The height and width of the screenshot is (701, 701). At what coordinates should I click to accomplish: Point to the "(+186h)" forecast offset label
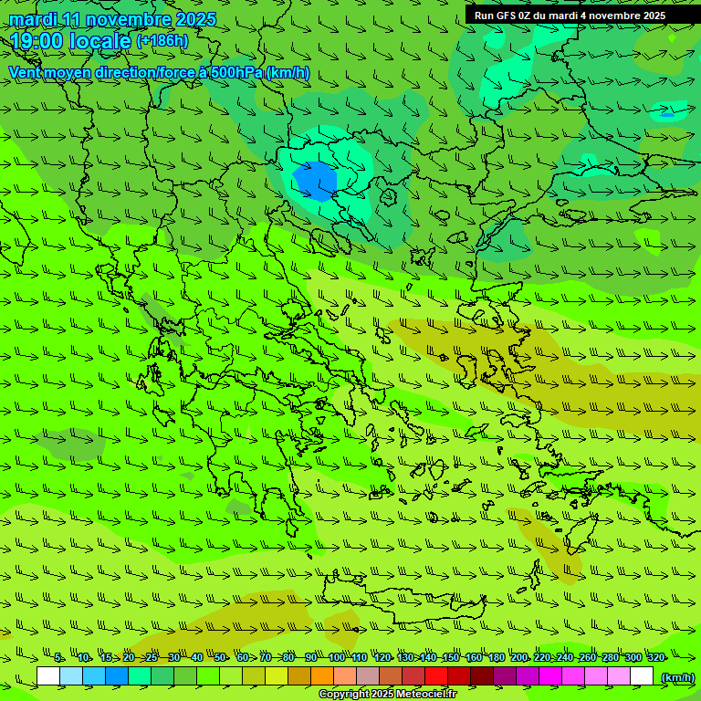(162, 40)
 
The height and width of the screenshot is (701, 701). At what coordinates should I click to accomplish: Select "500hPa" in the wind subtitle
(236, 72)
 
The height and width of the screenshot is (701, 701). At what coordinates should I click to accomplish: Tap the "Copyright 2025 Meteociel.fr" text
(387, 695)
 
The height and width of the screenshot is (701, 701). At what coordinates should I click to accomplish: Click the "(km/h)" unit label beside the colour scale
(676, 677)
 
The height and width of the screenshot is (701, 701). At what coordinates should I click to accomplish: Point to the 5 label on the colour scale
(58, 658)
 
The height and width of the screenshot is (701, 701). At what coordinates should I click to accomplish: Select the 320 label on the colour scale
(655, 658)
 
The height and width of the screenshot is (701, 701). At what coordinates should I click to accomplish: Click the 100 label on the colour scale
(337, 658)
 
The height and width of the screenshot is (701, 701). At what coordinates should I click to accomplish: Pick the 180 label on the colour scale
(496, 658)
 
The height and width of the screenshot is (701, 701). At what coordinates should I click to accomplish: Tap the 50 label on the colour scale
(220, 658)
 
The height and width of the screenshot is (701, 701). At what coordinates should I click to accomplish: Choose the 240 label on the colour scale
(565, 658)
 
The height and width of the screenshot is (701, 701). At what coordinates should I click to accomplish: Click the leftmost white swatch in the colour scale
(48, 676)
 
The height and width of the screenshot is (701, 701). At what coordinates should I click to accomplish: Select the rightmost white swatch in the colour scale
(642, 676)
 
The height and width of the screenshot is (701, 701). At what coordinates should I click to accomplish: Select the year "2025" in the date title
(195, 19)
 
